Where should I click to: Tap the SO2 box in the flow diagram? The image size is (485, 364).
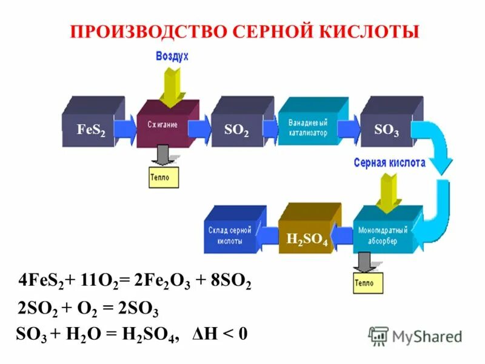[236, 129]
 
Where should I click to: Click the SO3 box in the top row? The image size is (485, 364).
[386, 129]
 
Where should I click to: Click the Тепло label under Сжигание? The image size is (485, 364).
[164, 178]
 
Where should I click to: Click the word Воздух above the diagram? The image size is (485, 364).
[172, 56]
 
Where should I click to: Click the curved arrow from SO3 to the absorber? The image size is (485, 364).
[440, 182]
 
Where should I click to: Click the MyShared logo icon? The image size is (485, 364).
[378, 335]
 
